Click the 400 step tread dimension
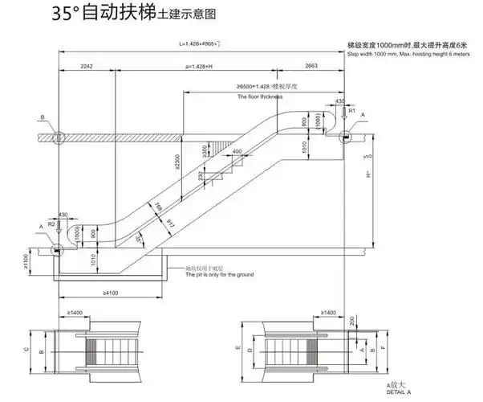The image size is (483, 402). pyautogui.click(x=237, y=152)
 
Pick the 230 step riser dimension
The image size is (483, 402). pyautogui.click(x=201, y=177)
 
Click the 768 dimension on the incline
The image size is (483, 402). pyautogui.click(x=157, y=211)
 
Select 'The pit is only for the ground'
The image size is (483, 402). pyautogui.click(x=219, y=275)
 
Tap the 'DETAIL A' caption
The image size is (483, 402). pyautogui.click(x=397, y=394)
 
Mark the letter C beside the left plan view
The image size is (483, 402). pyautogui.click(x=26, y=350)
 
